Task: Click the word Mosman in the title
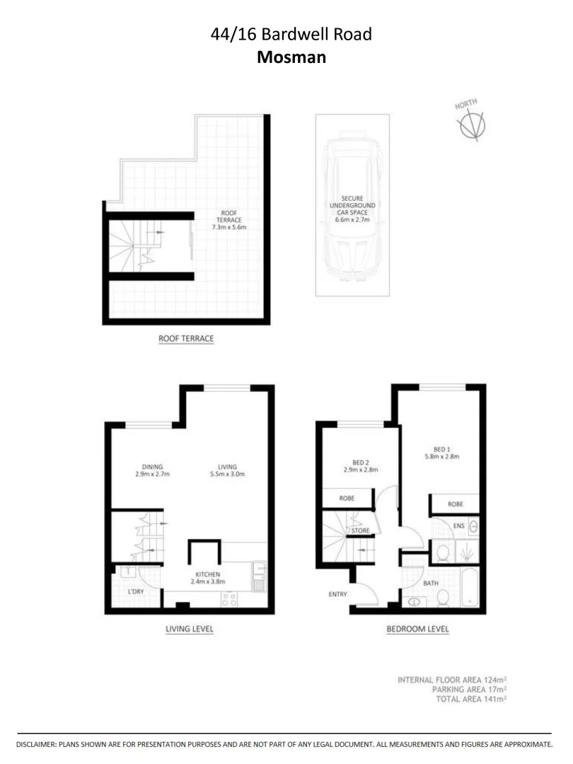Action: pos(291,57)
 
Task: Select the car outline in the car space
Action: pos(352,209)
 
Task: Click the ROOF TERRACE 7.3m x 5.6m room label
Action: pos(228,219)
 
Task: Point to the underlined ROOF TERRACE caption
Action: pos(186,339)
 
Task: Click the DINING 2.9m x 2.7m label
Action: pos(152,470)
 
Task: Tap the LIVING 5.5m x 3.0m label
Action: pos(227,470)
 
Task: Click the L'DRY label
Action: pos(136,591)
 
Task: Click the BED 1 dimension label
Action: pos(446,452)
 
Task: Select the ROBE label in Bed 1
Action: pos(456,504)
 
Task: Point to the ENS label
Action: pos(458,526)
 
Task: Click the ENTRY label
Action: pos(338,594)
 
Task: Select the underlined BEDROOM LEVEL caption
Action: pos(417,629)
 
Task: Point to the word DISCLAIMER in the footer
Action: pos(40,745)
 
